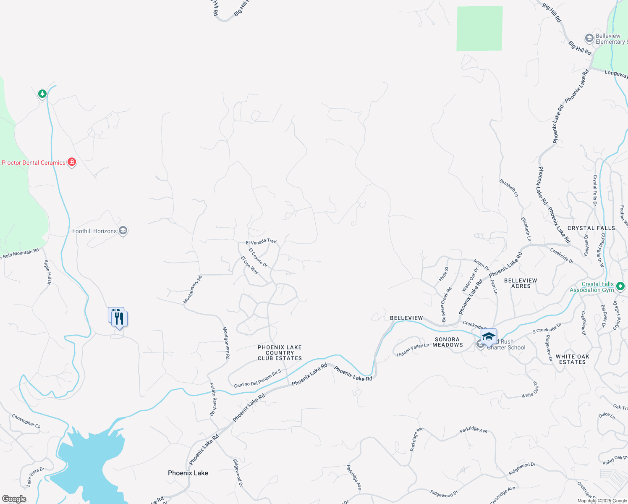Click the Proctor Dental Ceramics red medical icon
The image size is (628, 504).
(x=72, y=162)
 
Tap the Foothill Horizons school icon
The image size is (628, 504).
(x=123, y=231)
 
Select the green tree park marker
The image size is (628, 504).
(x=42, y=94)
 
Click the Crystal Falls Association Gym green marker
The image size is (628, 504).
(x=620, y=286)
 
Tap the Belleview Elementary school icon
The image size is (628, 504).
(x=589, y=39)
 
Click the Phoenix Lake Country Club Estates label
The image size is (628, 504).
(x=280, y=353)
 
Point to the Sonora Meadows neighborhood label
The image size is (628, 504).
(x=447, y=342)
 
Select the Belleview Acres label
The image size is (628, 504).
(x=521, y=283)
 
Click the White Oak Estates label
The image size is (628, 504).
(x=572, y=359)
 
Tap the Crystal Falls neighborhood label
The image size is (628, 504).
(x=591, y=228)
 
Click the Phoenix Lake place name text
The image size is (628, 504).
(x=188, y=473)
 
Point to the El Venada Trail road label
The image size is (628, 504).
(x=261, y=242)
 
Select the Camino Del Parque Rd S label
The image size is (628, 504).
(x=257, y=378)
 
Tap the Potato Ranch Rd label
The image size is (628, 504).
(x=213, y=399)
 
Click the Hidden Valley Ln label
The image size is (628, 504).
(x=413, y=350)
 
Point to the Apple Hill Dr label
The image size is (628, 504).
(x=48, y=272)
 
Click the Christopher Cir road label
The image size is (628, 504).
(x=26, y=421)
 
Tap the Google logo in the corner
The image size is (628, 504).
(x=14, y=499)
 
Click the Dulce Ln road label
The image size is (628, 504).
(x=607, y=415)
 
